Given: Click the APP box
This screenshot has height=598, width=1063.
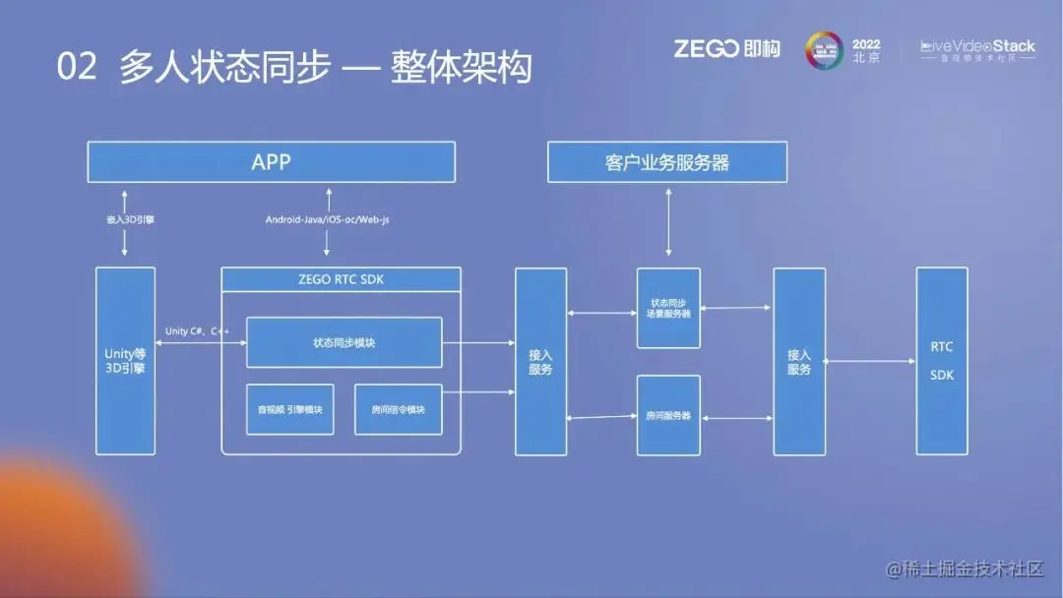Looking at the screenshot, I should [271, 161].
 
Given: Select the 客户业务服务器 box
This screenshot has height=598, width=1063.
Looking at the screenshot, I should [667, 162].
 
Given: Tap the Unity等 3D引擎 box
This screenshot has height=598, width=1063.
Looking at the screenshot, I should [125, 361].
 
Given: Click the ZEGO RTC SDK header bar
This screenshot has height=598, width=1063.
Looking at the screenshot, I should [341, 279].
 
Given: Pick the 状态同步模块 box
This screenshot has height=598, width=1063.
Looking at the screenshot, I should [344, 342].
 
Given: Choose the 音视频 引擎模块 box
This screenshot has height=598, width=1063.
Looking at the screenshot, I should [289, 409].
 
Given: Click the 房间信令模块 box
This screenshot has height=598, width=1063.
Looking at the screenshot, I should [398, 409].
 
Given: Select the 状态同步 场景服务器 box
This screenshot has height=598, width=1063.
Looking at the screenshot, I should [668, 308].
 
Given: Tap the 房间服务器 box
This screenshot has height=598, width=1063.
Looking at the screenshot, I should [668, 415].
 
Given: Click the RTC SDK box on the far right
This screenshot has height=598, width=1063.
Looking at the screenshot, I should [941, 361].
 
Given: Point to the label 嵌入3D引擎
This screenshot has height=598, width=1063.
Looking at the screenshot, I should [125, 219].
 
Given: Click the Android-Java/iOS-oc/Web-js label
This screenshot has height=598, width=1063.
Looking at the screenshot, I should [327, 219].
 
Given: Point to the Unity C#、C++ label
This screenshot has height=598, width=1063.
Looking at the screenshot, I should [197, 330].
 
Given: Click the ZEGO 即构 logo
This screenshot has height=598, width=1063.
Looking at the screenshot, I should [725, 48].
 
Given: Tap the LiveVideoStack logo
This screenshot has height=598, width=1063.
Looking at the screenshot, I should [976, 49].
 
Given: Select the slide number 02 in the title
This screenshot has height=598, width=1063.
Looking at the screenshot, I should [77, 68].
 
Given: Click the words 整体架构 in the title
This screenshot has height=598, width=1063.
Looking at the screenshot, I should [461, 68].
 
